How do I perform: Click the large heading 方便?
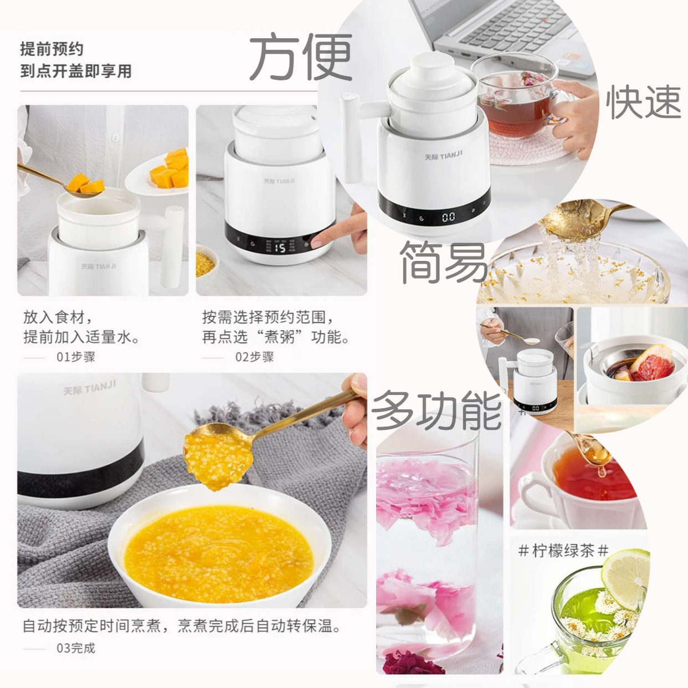[x=301, y=57]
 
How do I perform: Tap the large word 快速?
[x=644, y=102]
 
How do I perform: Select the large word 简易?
[x=444, y=263]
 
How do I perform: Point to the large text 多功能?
[x=437, y=410]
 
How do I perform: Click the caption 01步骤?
[x=76, y=357]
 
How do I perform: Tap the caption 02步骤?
[x=254, y=357]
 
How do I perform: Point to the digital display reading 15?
[x=280, y=248]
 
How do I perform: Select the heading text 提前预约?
[x=52, y=49]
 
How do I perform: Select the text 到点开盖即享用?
[x=76, y=71]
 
